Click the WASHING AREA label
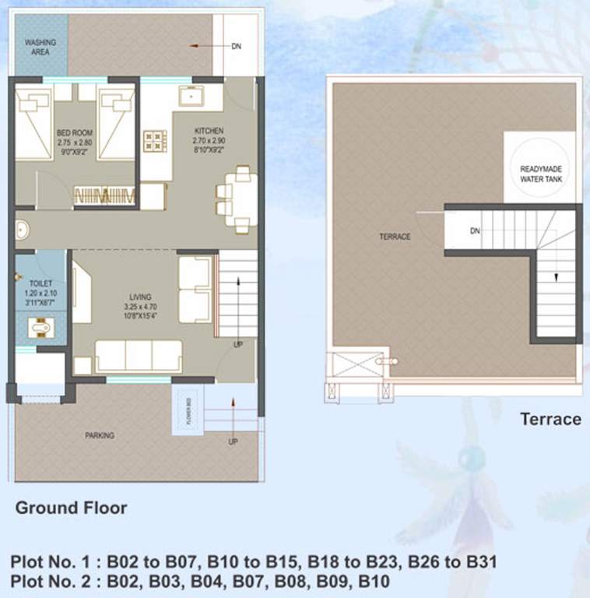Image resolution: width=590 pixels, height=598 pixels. pos(37,47)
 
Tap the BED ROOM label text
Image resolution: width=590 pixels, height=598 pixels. pos(75,132)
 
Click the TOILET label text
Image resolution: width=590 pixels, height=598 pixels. pos(40,284)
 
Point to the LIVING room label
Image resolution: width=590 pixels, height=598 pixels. pos(141,297)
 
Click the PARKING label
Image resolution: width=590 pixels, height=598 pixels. pos(100,435)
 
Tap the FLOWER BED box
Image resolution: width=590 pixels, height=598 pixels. pos(187,411)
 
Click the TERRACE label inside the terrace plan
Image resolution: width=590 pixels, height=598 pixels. pos(395,237)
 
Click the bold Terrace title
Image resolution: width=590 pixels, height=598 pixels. pos(550,420)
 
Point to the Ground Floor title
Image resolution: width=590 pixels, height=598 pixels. pos(72,508)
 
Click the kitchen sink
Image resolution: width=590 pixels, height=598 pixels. pos(190,97)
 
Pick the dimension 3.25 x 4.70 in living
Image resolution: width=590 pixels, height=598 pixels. pos(141,306)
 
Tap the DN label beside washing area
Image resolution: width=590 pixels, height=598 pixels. pos(236,47)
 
